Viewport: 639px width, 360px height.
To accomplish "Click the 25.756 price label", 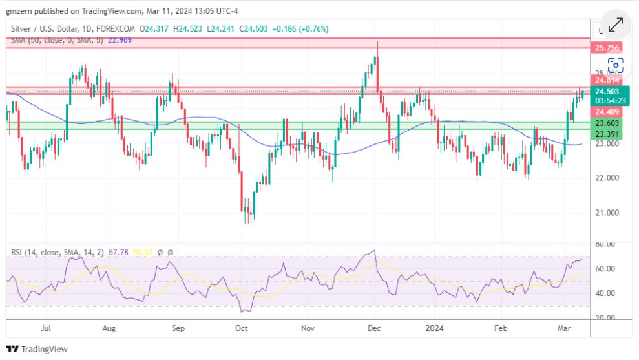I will click(607, 48).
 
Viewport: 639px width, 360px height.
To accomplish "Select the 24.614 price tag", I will click(607, 80).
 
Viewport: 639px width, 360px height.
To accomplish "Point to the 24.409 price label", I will click(607, 111).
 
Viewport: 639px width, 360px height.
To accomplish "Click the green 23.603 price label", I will click(607, 123).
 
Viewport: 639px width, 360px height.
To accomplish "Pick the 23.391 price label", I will click(607, 134).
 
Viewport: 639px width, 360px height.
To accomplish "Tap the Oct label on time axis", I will click(241, 328).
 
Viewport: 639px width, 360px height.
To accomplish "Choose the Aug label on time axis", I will click(109, 328).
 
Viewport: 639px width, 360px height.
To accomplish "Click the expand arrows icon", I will click(615, 25).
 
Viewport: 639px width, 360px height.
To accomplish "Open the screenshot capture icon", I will click(616, 65).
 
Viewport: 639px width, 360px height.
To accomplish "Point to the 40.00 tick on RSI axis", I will click(605, 293).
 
